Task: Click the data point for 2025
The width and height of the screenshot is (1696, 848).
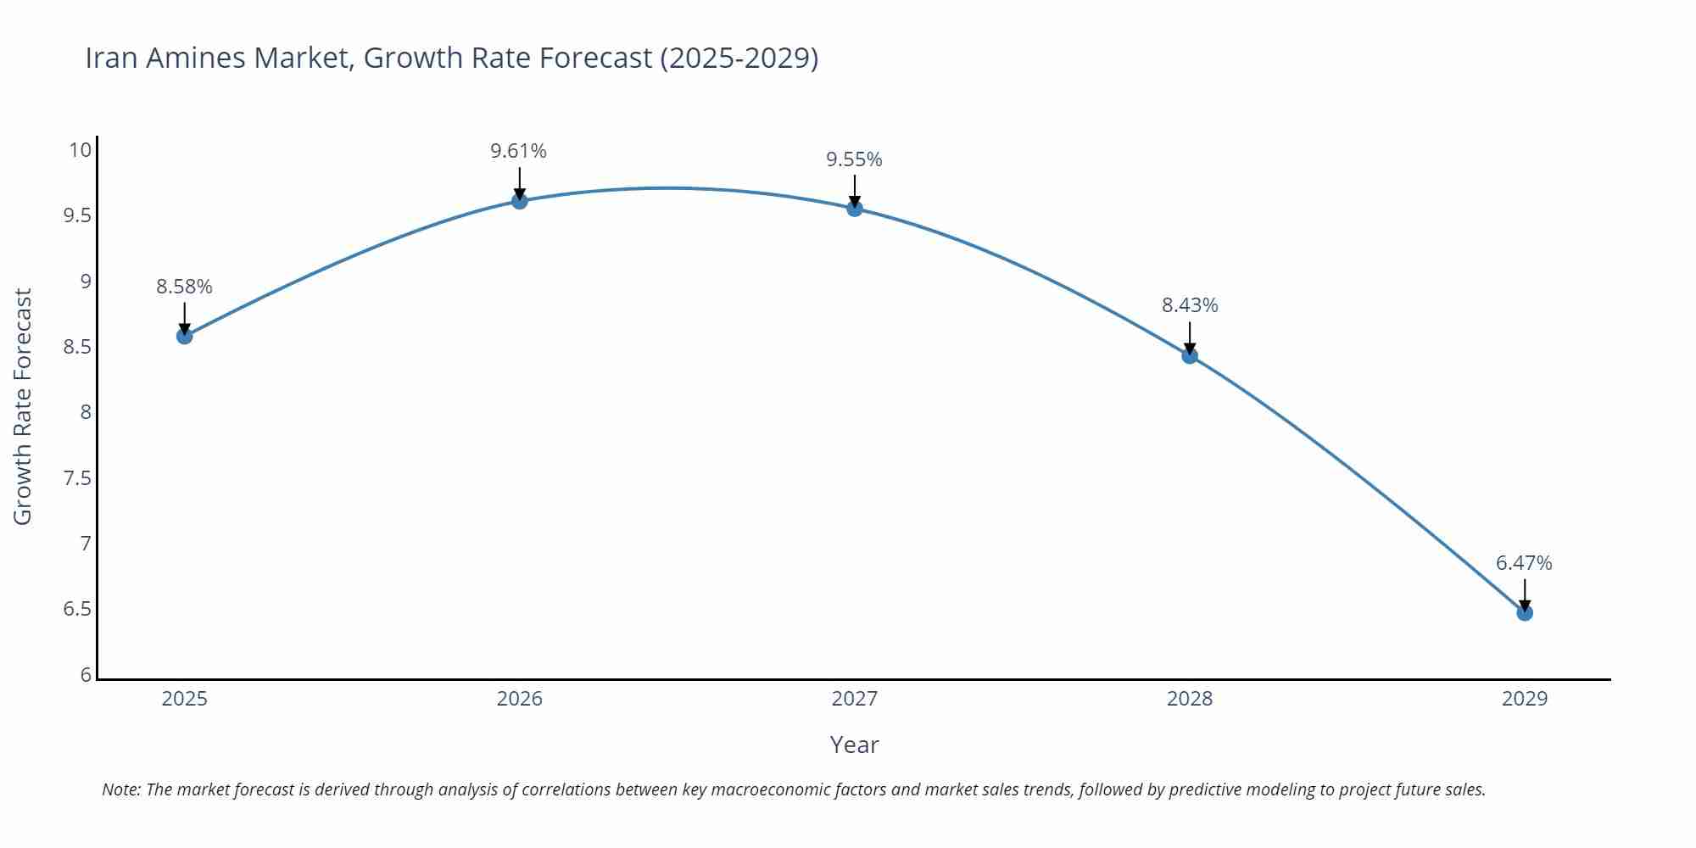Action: click(184, 336)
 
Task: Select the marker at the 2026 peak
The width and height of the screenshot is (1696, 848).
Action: click(520, 201)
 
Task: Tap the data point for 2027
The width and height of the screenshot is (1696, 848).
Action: click(855, 209)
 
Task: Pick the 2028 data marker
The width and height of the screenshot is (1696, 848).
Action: click(1190, 355)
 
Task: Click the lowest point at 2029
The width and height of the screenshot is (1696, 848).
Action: click(1525, 612)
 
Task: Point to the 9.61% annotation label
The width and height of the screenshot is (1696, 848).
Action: click(518, 151)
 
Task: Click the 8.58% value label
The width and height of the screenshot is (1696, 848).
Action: click(184, 287)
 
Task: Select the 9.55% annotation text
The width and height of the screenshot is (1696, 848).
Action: click(854, 159)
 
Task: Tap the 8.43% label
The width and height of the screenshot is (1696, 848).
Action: click(1190, 305)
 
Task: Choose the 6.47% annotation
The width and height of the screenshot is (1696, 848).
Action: click(1524, 563)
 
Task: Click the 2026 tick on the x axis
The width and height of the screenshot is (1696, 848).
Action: click(519, 699)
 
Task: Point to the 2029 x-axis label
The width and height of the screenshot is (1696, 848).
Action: click(1524, 699)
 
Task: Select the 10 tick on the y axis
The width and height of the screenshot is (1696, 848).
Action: click(80, 150)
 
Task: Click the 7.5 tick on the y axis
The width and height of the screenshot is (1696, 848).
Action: click(77, 478)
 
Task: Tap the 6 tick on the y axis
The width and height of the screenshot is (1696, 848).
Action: click(86, 675)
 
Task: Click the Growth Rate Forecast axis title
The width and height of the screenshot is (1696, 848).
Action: click(23, 406)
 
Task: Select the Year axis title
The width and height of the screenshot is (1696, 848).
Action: click(854, 745)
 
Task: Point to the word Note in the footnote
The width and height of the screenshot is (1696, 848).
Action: click(120, 789)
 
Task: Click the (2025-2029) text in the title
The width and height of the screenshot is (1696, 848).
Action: click(739, 58)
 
